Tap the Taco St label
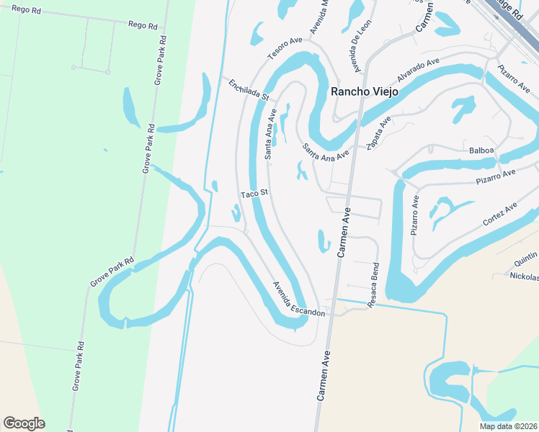point(254,193)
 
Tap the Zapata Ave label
point(379,133)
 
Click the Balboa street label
point(481,150)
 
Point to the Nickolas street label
point(524,276)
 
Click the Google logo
point(24,423)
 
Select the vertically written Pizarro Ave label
point(415,215)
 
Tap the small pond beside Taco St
point(236,213)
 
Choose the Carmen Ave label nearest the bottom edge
point(324,376)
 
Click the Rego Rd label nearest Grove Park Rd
point(142,25)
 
